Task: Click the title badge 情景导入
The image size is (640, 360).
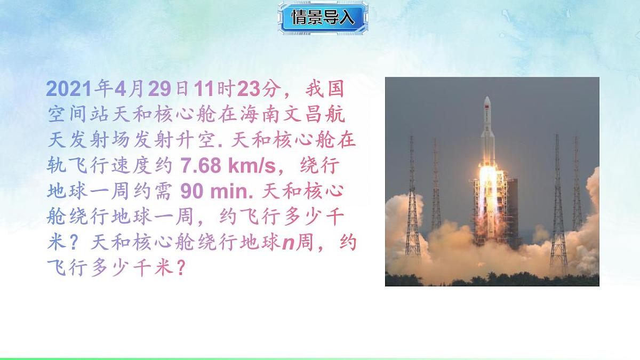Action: tap(323, 18)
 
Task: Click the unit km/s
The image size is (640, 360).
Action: tap(251, 166)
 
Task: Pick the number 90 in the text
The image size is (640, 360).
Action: tap(191, 191)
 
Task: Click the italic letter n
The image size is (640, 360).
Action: tap(289, 242)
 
